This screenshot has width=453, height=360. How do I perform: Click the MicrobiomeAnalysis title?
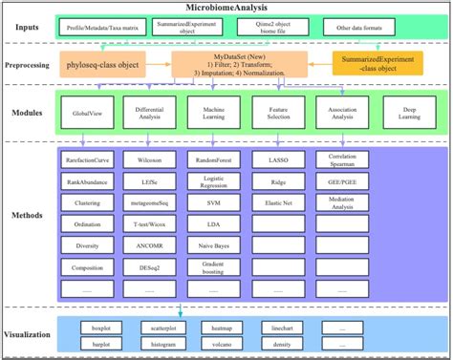coord(226,7)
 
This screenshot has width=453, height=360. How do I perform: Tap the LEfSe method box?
coord(148,178)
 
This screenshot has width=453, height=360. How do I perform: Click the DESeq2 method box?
coord(148,268)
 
